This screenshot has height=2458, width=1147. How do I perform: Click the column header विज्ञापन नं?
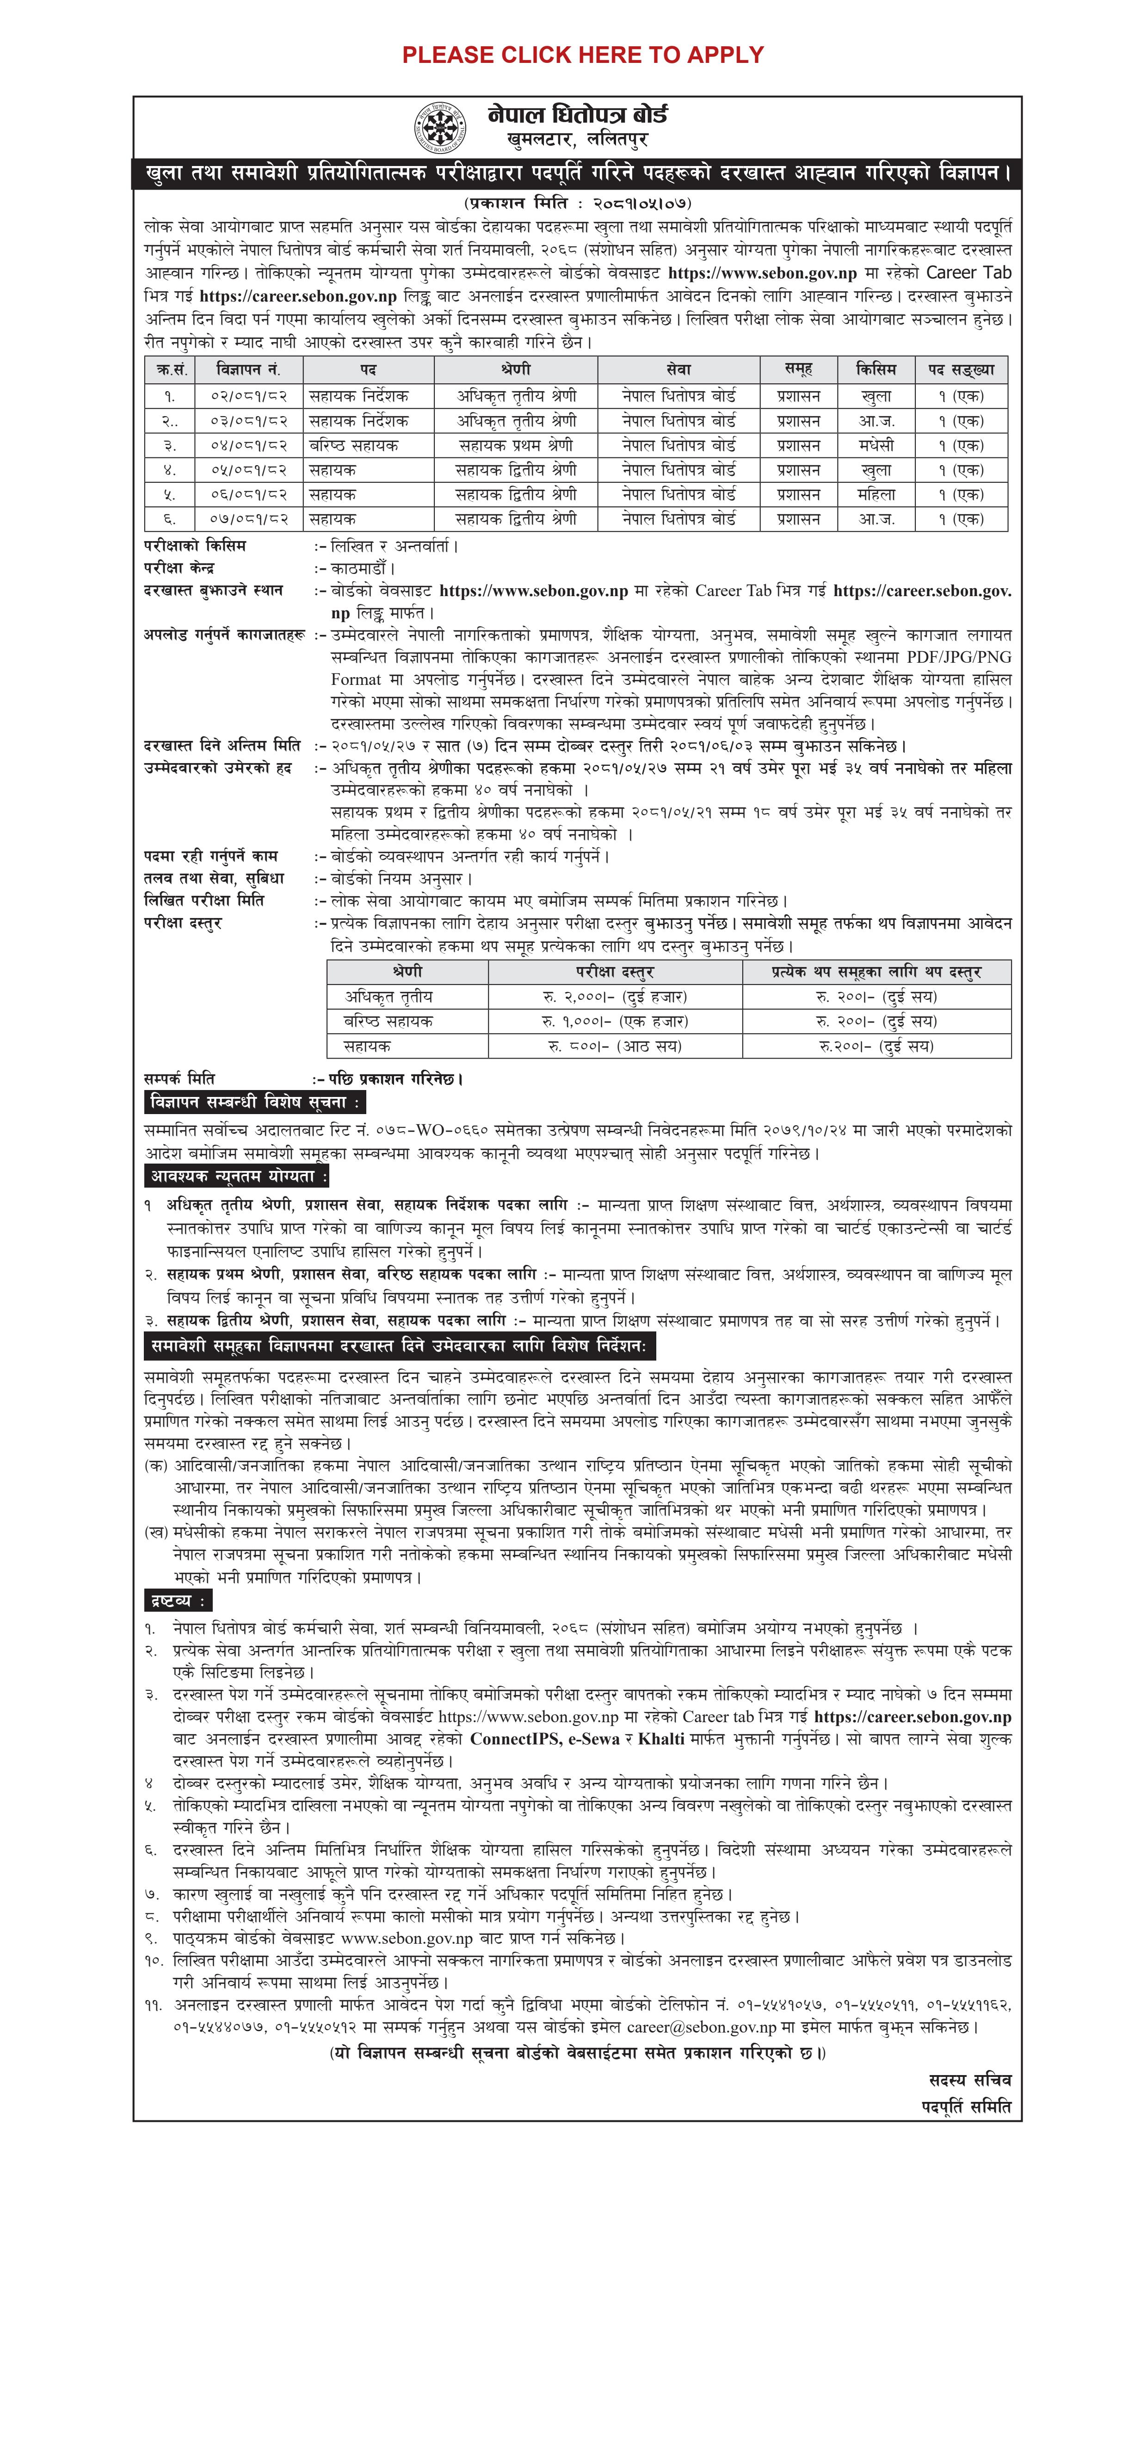(x=248, y=369)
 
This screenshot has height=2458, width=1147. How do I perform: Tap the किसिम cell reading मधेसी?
(x=876, y=444)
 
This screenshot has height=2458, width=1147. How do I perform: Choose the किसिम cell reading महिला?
(x=876, y=494)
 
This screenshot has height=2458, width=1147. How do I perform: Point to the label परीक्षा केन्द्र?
(x=179, y=568)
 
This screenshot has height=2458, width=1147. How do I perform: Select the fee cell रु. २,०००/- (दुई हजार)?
(x=615, y=996)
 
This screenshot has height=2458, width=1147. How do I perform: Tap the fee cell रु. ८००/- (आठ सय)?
(x=615, y=1046)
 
